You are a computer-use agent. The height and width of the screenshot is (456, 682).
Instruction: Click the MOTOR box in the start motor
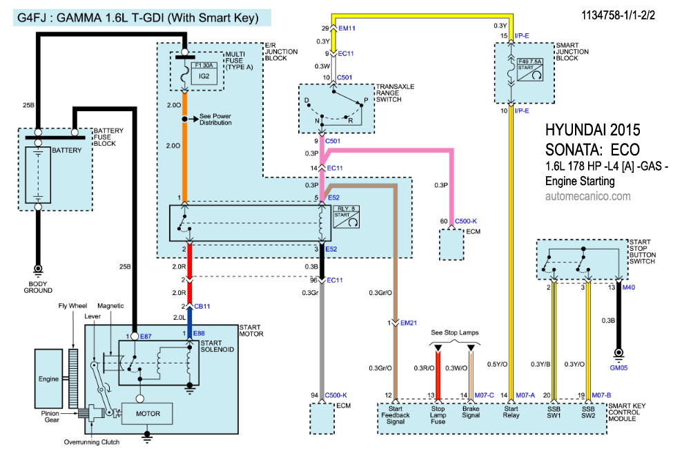click(148, 414)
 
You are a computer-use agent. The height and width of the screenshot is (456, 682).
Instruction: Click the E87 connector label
click(146, 336)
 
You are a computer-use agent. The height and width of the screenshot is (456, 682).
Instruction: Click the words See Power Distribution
click(215, 119)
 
